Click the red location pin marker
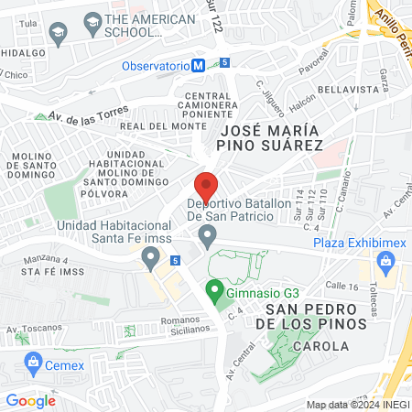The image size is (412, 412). (x=207, y=185)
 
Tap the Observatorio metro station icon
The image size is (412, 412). (x=198, y=65)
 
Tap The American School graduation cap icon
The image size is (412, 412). (x=92, y=21)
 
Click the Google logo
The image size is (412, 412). (x=31, y=399)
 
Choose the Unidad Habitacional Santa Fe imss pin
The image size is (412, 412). (x=151, y=260)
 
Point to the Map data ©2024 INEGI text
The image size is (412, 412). (x=356, y=405)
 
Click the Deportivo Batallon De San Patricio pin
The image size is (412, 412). (x=208, y=238)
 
